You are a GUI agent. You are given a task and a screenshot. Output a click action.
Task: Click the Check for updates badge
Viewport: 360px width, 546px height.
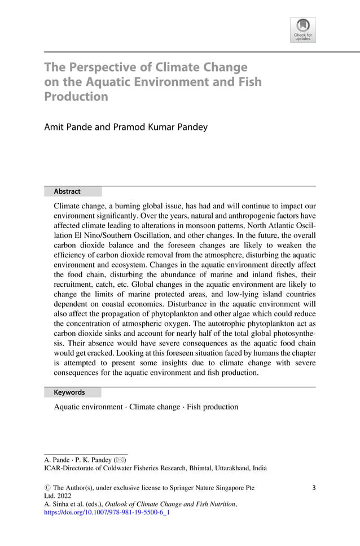pyautogui.click(x=302, y=30)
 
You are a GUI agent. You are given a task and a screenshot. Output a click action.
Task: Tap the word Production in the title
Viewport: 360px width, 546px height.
pyautogui.click(x=76, y=97)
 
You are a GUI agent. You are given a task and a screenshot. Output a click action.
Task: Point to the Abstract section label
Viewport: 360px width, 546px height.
pyautogui.click(x=67, y=191)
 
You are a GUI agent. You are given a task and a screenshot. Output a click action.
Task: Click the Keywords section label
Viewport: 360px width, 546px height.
pyautogui.click(x=69, y=392)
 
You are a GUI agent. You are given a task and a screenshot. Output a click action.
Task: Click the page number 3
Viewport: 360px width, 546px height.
pyautogui.click(x=313, y=487)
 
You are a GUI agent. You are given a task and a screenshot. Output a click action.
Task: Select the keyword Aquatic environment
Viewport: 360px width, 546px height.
pyautogui.click(x=88, y=407)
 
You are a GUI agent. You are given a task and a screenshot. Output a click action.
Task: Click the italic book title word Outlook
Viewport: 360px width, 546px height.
pyautogui.click(x=118, y=504)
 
